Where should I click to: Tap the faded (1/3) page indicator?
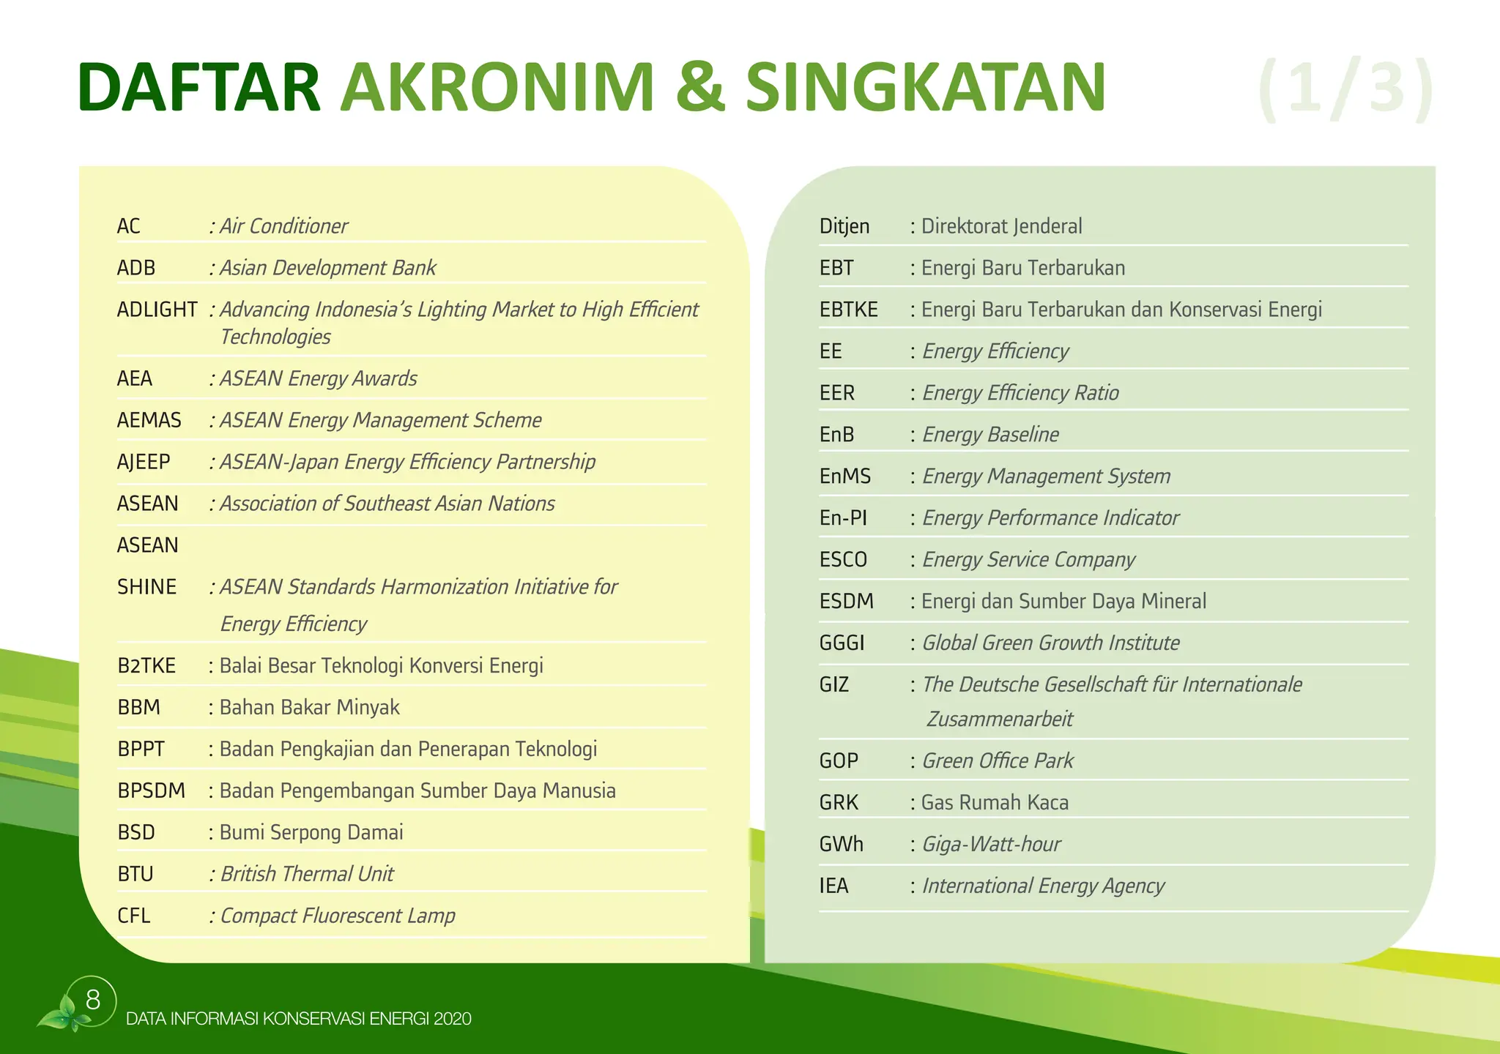click(x=1345, y=90)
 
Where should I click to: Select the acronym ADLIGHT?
click(x=157, y=310)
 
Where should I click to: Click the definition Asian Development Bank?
click(x=327, y=268)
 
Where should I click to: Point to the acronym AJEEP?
click(x=144, y=462)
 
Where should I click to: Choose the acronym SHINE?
click(x=146, y=587)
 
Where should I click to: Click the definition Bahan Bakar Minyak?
click(x=309, y=707)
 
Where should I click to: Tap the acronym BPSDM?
click(x=151, y=790)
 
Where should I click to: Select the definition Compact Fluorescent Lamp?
click(x=338, y=916)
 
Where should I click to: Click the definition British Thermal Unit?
click(x=307, y=874)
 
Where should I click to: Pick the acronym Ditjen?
click(x=844, y=226)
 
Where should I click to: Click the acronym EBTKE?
click(x=848, y=310)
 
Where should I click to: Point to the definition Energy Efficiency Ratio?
click(x=1020, y=393)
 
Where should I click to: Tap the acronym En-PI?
click(x=843, y=518)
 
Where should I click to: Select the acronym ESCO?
click(x=843, y=560)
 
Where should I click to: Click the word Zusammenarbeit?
click(x=999, y=719)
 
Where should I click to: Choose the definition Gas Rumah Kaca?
click(x=995, y=802)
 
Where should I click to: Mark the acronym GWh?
click(x=841, y=844)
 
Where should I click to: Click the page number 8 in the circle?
click(x=93, y=1000)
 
